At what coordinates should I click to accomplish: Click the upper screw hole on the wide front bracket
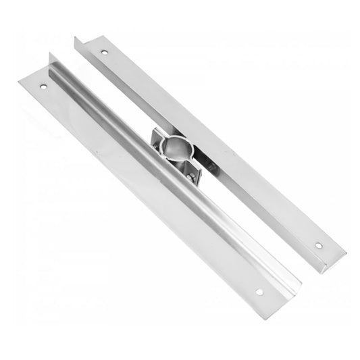click(44, 87)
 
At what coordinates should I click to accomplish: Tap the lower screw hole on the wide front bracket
click(258, 292)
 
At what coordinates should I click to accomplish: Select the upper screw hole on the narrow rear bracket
click(103, 51)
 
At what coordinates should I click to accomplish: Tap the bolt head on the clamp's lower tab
click(192, 177)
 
